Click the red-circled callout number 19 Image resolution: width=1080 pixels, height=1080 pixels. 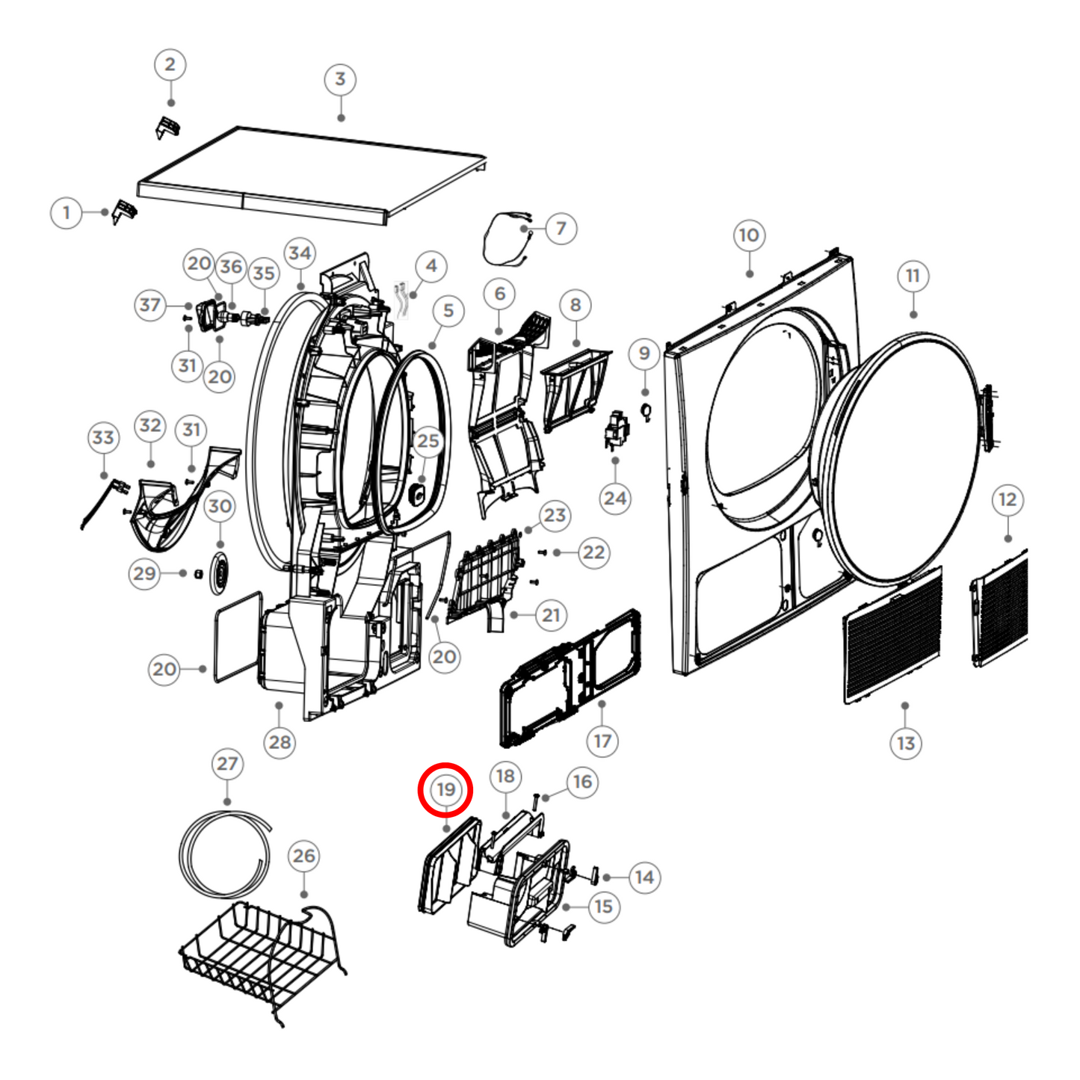tap(445, 789)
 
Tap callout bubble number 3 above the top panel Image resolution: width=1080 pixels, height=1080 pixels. tap(340, 79)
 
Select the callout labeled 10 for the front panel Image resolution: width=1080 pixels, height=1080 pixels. tap(749, 236)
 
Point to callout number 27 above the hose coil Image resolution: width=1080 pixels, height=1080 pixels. tap(227, 764)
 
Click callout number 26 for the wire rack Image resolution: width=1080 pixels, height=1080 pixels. tap(303, 856)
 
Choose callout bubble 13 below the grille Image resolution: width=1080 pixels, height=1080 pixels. tap(906, 743)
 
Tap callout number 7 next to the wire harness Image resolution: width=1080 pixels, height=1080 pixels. tap(561, 228)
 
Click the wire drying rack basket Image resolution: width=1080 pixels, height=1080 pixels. tap(262, 949)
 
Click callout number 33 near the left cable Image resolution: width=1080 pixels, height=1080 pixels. tap(103, 437)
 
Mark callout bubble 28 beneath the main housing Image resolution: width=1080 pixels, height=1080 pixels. tap(280, 742)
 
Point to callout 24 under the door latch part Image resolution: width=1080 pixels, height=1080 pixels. tap(615, 498)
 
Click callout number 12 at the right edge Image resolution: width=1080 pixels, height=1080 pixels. tap(1008, 499)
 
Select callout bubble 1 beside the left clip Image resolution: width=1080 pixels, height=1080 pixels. tap(67, 213)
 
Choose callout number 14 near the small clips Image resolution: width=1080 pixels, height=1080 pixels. tap(644, 877)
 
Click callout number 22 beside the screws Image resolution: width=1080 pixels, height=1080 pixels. tap(593, 552)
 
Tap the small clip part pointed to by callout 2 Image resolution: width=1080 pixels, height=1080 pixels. tap(168, 128)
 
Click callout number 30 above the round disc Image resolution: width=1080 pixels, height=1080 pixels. tap(220, 506)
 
